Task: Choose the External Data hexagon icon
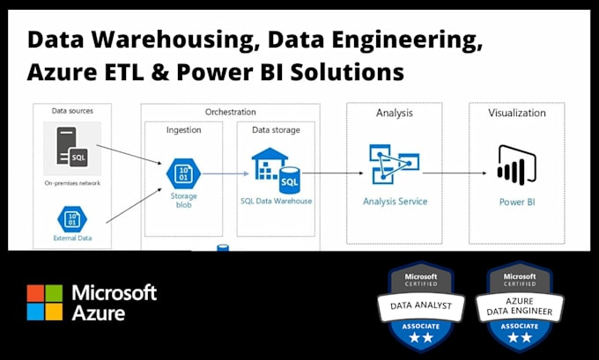coord(70,217)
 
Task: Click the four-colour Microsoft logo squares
coord(45,302)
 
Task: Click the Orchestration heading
coord(230,112)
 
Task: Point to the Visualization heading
coord(517,113)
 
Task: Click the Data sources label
coord(72,111)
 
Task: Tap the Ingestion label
coord(183,129)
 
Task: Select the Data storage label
coord(275,129)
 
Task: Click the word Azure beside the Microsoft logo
coord(99,312)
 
